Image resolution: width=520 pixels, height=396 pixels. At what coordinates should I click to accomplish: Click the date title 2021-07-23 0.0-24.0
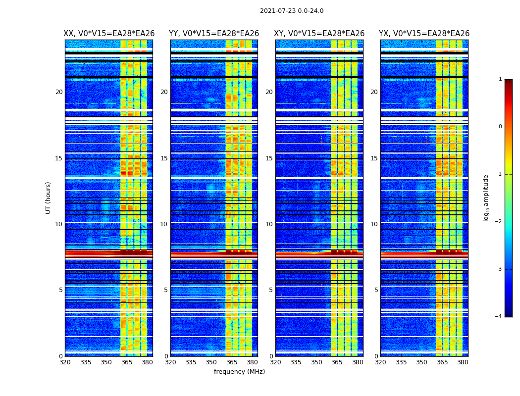click(x=292, y=11)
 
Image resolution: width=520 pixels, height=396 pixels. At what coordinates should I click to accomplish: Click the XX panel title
click(x=109, y=34)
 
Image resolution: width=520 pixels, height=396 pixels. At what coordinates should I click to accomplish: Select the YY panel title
click(x=214, y=34)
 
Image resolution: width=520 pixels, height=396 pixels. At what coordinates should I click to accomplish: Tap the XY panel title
click(x=319, y=34)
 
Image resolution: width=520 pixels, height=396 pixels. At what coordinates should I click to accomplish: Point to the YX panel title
click(x=424, y=34)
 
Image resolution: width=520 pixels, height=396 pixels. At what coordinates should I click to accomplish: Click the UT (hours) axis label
click(x=49, y=198)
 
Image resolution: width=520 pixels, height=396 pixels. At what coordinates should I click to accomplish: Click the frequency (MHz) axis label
click(x=239, y=372)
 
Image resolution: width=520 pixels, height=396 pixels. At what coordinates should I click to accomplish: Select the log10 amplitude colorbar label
click(x=486, y=198)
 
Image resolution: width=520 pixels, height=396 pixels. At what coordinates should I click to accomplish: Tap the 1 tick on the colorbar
click(x=500, y=79)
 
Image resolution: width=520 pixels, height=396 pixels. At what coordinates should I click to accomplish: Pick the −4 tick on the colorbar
click(x=499, y=317)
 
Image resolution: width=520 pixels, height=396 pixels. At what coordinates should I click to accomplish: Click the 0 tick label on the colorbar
click(x=500, y=127)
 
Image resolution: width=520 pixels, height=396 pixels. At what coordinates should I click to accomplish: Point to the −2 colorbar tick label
click(x=499, y=222)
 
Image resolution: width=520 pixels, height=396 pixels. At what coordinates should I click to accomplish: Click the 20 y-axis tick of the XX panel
click(x=59, y=92)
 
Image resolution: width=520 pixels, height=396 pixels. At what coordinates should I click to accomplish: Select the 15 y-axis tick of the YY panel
click(x=164, y=158)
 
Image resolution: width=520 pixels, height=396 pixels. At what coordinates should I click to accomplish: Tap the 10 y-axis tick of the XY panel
click(x=269, y=224)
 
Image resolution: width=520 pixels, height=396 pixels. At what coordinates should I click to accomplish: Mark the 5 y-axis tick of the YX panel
click(x=376, y=290)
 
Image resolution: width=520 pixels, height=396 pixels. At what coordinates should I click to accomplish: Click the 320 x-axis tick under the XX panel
click(x=65, y=362)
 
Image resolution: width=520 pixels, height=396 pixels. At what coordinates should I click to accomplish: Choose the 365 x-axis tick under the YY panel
click(x=232, y=362)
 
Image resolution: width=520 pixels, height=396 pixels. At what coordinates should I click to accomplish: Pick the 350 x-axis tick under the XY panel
click(x=316, y=362)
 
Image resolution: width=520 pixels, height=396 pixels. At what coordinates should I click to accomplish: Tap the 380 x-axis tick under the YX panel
click(x=463, y=362)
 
